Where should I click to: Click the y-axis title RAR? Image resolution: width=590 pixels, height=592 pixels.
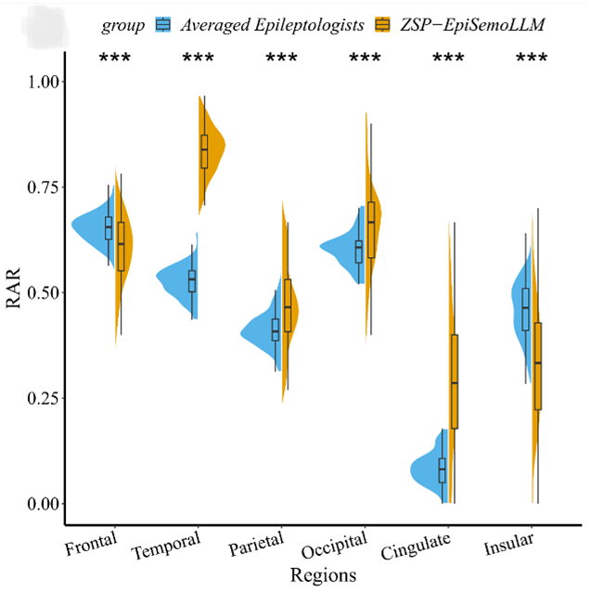pos(19,294)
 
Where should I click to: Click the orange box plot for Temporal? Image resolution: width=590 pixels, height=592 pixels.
pos(204,150)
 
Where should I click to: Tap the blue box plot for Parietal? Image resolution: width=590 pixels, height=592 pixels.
pos(275,329)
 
